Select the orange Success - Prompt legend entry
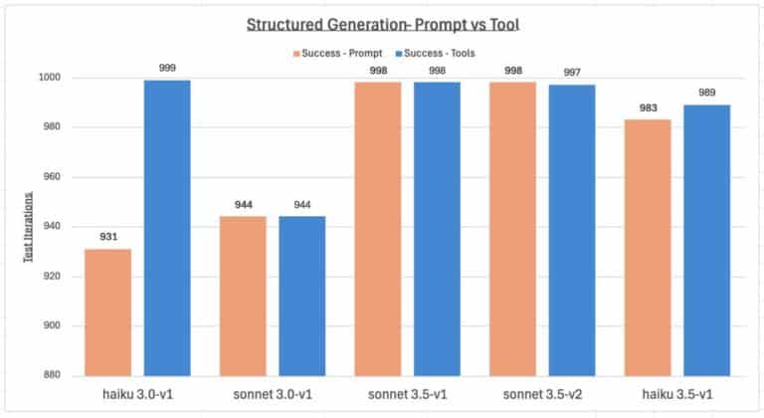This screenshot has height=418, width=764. point(334,51)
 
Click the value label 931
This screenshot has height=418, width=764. point(107,237)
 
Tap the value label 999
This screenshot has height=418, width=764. point(167,68)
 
